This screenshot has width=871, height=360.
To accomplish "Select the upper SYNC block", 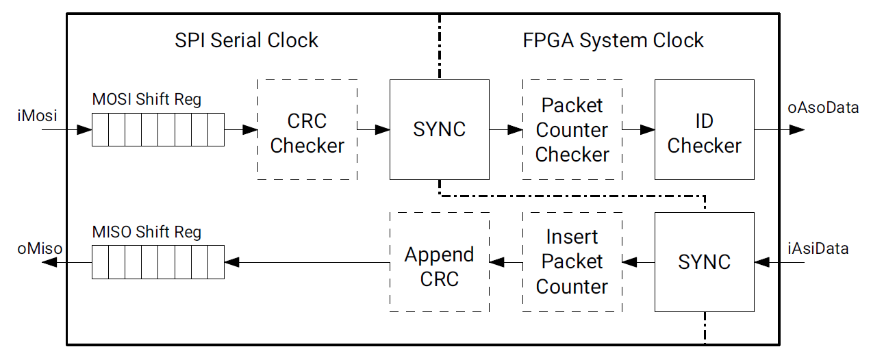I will coord(439,130).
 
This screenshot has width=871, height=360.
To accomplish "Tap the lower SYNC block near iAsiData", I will coord(704,262).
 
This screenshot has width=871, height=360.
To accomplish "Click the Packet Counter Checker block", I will coord(572,130).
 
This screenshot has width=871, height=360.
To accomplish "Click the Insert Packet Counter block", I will coord(572,262).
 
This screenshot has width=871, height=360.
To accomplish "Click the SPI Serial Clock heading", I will coord(247,40).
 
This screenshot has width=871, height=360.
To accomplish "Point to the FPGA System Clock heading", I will coord(614,40).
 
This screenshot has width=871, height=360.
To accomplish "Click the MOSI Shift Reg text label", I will coord(147,99).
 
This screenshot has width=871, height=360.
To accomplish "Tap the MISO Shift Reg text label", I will coord(147,232).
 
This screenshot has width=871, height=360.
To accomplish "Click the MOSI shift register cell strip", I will coord(158,130).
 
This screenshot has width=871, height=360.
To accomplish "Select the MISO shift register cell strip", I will coord(158,262).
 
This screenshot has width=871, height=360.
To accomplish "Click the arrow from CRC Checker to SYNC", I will coord(373,129).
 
